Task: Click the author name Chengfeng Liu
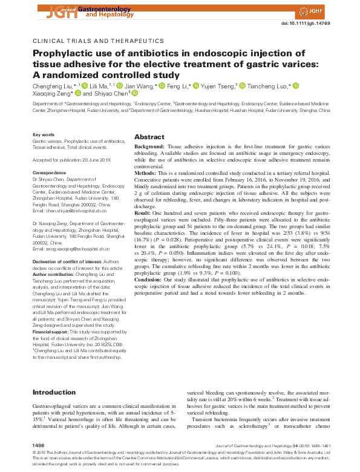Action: pos(52,86)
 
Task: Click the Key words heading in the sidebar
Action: pos(43,134)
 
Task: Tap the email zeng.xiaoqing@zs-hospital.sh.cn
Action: pos(71,249)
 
